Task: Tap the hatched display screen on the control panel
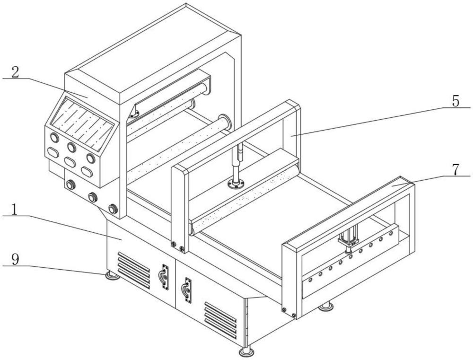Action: click(81, 123)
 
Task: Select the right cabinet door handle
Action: click(188, 290)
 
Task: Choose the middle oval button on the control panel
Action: click(70, 162)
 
